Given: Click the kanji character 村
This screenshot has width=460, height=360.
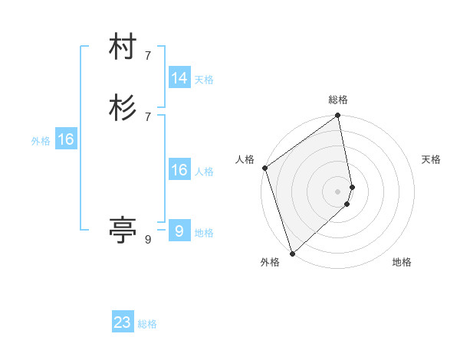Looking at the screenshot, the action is [x=123, y=47].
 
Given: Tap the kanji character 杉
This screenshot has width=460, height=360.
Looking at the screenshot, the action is [x=123, y=107].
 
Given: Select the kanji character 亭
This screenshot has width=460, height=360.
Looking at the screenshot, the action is [x=123, y=227].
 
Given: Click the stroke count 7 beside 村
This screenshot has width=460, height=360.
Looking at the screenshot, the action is [x=148, y=56].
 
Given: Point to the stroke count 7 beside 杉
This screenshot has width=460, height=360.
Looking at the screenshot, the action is [x=148, y=116].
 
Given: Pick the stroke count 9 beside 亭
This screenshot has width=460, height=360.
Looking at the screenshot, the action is [x=148, y=240].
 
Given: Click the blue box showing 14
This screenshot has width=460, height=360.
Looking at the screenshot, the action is [x=179, y=78].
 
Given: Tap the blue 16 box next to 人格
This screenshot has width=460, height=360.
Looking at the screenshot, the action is [x=179, y=170].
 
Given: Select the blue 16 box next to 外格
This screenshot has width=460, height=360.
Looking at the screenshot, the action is [x=66, y=139].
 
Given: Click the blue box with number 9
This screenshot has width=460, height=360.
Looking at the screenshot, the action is [x=179, y=231].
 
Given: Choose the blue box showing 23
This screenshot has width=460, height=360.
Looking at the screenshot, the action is [x=123, y=322].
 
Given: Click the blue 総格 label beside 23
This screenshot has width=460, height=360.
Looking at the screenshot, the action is [x=148, y=324].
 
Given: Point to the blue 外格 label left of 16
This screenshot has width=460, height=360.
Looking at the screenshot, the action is [x=41, y=141].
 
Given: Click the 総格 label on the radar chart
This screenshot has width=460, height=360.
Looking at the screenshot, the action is [x=338, y=100].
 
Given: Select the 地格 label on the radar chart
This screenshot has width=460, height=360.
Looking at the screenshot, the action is [x=402, y=263].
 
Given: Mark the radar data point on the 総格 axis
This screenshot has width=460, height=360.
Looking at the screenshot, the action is [x=338, y=116].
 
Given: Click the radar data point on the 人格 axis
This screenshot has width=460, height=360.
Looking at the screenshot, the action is [x=264, y=168].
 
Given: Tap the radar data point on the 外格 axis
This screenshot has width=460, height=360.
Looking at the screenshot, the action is [x=291, y=254].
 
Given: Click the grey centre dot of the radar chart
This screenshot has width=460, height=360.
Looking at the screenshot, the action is [x=338, y=191].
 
